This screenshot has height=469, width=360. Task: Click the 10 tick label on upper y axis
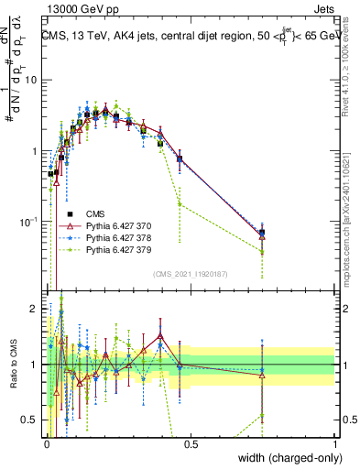tap(30, 80)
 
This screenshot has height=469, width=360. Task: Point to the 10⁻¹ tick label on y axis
tap(27, 222)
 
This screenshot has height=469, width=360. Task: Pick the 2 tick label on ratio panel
tap(33, 306)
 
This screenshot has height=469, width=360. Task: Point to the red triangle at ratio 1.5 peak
tap(160, 335)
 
